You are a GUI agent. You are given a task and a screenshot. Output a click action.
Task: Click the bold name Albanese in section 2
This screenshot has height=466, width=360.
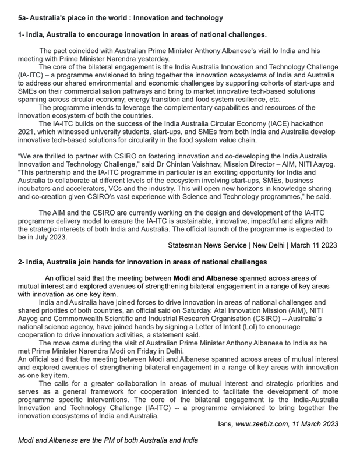tap(219, 278)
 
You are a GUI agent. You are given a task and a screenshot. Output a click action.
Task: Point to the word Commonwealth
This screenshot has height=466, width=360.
tap(76, 319)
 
